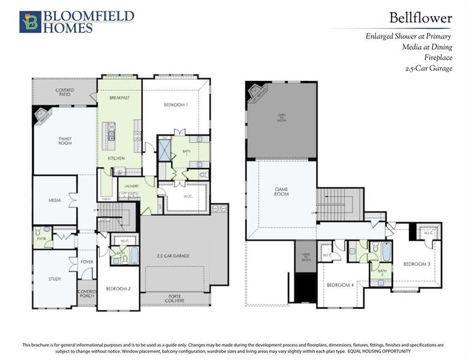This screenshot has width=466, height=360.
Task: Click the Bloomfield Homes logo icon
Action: [29, 22]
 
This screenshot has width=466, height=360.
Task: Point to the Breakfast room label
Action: [119, 97]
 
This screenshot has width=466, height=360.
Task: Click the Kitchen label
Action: [116, 158]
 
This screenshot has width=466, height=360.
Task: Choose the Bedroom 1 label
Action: [176, 105]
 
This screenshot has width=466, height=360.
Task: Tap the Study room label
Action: [55, 279]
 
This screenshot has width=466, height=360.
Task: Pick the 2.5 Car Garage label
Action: [173, 256]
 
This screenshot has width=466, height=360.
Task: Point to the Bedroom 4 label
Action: [339, 284]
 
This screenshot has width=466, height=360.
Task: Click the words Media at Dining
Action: [427, 47]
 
